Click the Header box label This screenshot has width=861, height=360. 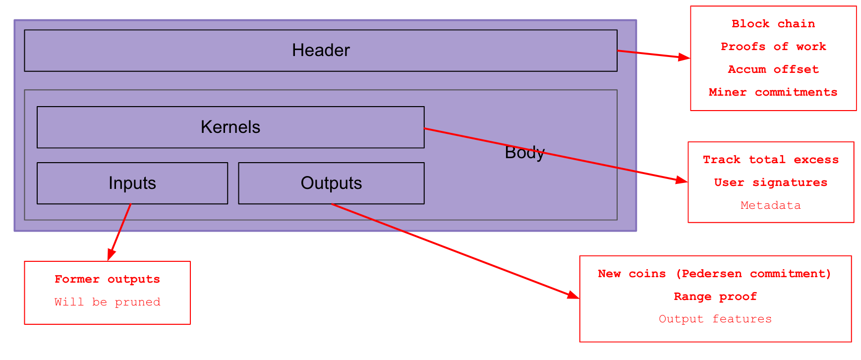pos(321,50)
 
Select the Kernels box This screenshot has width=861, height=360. pos(230,127)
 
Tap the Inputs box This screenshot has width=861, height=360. pos(132,183)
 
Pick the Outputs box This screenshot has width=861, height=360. pos(331,183)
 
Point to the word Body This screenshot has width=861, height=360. pos(524,152)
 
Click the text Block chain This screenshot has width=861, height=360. pos(773,24)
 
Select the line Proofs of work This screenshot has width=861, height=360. pos(773,47)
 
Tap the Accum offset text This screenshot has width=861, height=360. pos(773,69)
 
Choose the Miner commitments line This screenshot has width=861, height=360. pos(773,92)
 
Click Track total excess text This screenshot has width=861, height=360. pos(770,160)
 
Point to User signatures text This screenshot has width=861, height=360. pos(770,182)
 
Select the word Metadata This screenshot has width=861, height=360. pos(770,205)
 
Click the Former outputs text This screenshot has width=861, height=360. pos(107,279)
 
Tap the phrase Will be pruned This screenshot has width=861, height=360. pos(107,302)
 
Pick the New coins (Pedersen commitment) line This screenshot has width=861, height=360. pos(714,274)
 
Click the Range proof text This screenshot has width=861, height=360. pos(714,297)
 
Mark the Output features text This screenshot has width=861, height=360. pos(714,319)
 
